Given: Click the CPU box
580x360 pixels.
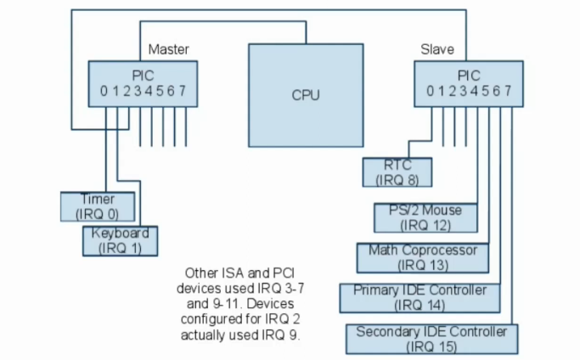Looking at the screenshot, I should (x=305, y=94).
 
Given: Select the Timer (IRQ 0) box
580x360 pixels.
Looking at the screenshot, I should (x=98, y=205).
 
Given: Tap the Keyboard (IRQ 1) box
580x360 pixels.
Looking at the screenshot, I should (x=121, y=240).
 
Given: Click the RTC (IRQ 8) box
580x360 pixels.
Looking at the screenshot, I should (x=397, y=172).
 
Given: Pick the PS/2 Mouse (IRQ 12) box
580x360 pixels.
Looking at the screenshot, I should (x=425, y=217).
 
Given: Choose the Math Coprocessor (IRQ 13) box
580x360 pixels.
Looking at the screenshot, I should (x=422, y=257).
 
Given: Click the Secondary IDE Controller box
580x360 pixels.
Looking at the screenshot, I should (x=431, y=338).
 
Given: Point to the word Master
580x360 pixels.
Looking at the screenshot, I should (x=168, y=49).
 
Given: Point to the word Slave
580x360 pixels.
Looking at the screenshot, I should (x=437, y=49).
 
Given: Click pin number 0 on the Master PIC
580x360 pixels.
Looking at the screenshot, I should (x=103, y=91).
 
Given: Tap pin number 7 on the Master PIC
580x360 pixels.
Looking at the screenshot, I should (x=183, y=91).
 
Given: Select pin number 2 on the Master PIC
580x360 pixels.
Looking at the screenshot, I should (x=126, y=91).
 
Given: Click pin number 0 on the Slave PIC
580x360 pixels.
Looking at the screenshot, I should (x=431, y=91).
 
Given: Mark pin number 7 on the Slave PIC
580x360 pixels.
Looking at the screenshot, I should (x=508, y=91).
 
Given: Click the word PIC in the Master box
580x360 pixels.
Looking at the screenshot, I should (x=142, y=74).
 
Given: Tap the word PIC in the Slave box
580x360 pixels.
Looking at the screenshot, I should (x=469, y=74).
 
